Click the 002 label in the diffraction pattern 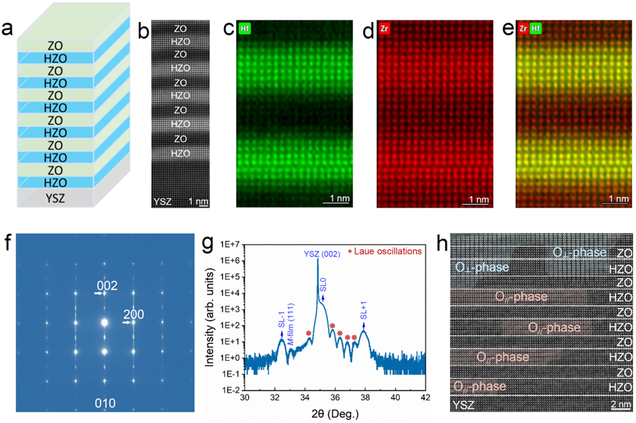click(107, 285)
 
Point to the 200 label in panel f click(134, 314)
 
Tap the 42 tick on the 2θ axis click(425, 400)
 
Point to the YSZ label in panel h click(462, 405)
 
